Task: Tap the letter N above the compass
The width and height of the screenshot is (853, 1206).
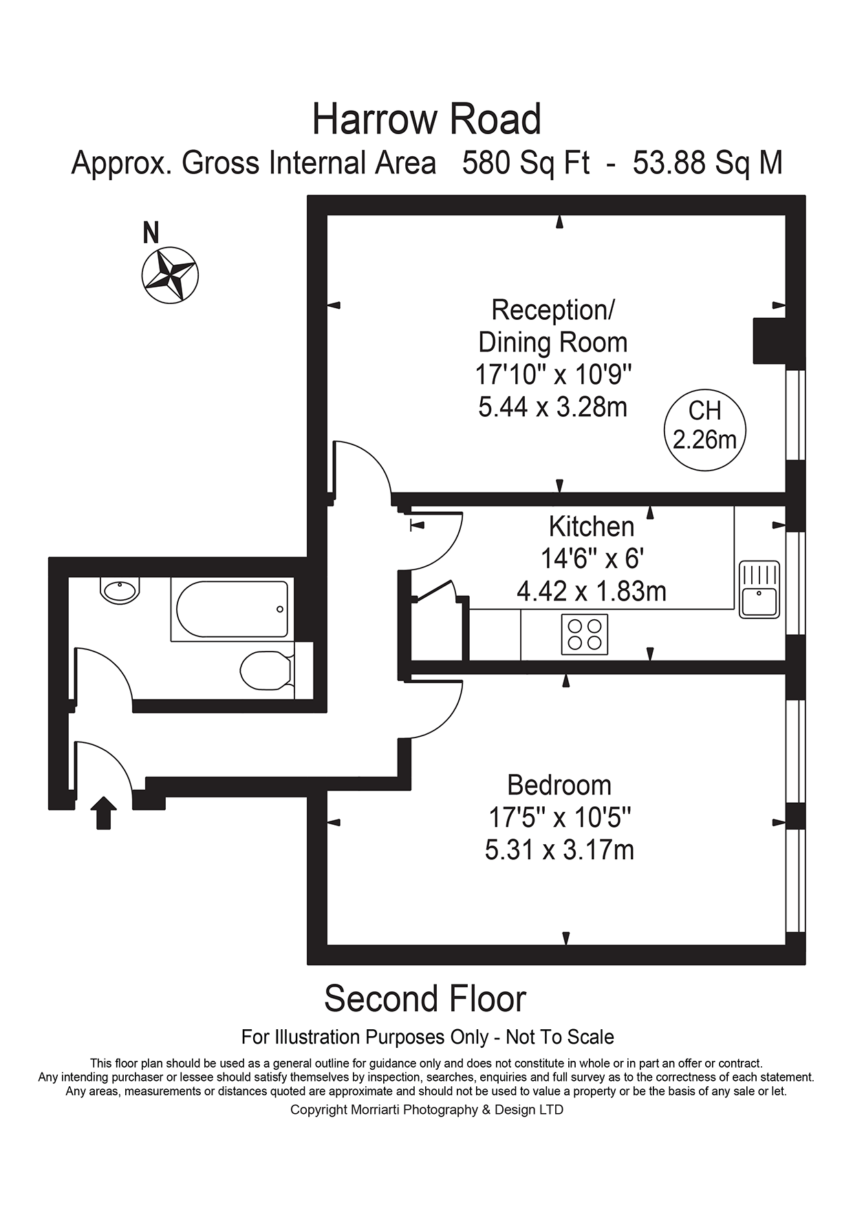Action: click(x=151, y=233)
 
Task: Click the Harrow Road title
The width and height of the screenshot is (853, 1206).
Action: click(x=426, y=119)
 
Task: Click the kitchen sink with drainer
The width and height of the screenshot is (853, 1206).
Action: click(x=759, y=589)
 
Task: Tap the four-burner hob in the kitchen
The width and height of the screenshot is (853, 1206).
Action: click(x=584, y=634)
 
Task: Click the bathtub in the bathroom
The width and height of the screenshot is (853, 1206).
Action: click(x=233, y=609)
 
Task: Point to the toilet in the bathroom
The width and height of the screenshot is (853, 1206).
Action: click(x=268, y=669)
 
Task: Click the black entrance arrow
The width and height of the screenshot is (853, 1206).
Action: click(x=103, y=812)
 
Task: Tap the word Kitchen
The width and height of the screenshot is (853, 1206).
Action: click(x=591, y=526)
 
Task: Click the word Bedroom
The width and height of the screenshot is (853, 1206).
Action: click(x=559, y=785)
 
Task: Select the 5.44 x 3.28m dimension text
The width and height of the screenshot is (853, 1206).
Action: click(x=553, y=407)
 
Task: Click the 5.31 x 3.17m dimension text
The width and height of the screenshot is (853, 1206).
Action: click(x=559, y=850)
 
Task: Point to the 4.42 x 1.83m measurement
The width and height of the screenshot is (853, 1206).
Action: click(x=591, y=591)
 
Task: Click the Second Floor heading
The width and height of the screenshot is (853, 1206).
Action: click(x=425, y=998)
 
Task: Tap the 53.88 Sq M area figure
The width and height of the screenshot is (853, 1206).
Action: click(x=708, y=163)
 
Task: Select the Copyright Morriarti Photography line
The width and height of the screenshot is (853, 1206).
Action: click(x=426, y=1109)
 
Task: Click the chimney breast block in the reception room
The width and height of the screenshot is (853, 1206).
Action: click(x=770, y=341)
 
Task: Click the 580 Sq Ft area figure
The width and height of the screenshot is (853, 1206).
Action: click(x=526, y=163)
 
